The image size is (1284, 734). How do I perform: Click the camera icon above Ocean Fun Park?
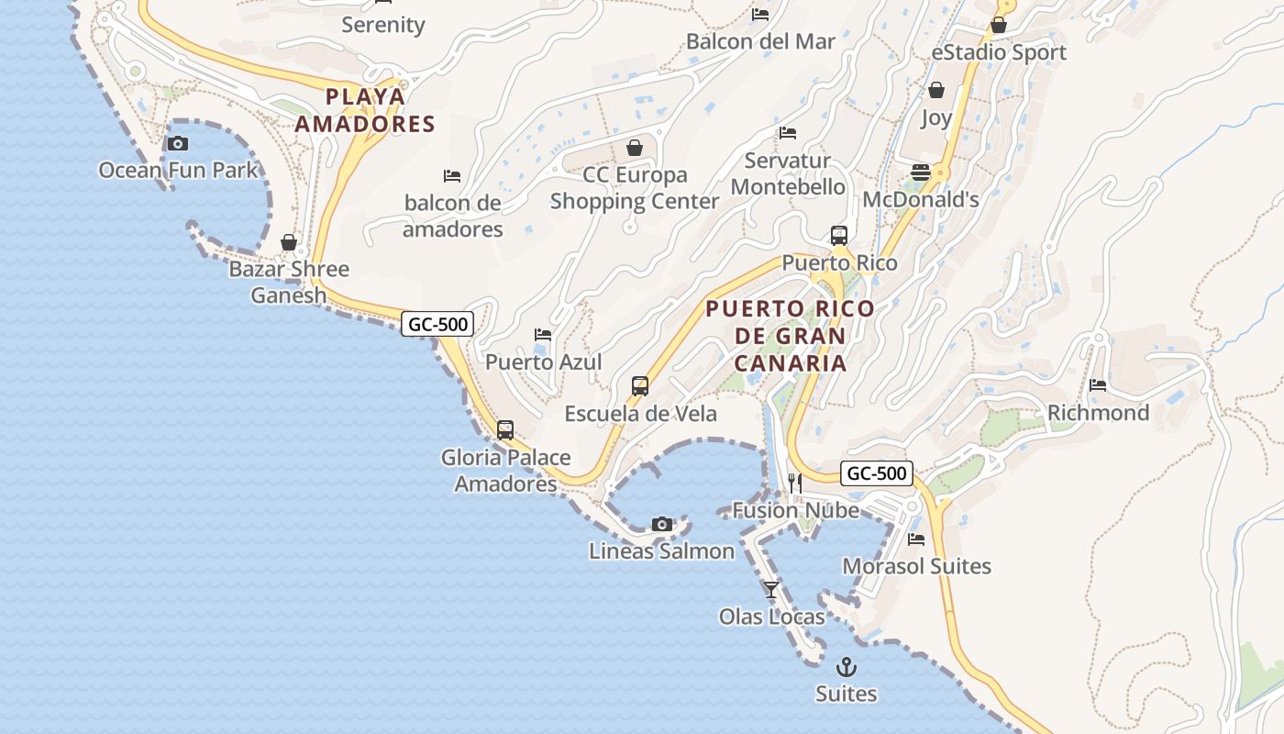click(178, 143)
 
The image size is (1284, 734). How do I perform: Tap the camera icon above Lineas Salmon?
click(662, 524)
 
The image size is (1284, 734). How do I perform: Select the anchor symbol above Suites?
click(847, 667)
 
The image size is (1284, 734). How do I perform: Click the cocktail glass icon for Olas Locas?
click(771, 589)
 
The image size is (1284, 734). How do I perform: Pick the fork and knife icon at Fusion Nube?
click(794, 484)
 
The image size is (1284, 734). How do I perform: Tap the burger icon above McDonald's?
click(921, 172)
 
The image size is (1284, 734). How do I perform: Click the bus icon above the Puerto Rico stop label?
click(839, 236)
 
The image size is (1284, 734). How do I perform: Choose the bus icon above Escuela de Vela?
click(640, 386)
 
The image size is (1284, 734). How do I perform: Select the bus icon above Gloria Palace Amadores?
click(505, 429)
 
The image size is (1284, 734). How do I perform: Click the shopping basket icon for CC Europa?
click(635, 148)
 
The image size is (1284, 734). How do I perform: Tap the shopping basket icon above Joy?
click(936, 90)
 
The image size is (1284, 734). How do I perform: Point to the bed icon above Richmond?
click(1098, 385)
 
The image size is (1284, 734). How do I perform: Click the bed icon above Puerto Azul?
click(543, 335)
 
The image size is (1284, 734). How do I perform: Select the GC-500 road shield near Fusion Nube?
click(877, 473)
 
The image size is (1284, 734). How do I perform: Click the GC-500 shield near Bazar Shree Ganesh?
click(437, 323)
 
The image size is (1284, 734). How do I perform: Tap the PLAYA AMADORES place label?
click(365, 110)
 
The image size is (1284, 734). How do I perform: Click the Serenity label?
click(383, 25)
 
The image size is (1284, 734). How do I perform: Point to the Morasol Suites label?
click(916, 566)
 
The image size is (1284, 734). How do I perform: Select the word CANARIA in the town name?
click(790, 362)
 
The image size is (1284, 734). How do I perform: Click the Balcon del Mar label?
click(760, 41)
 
